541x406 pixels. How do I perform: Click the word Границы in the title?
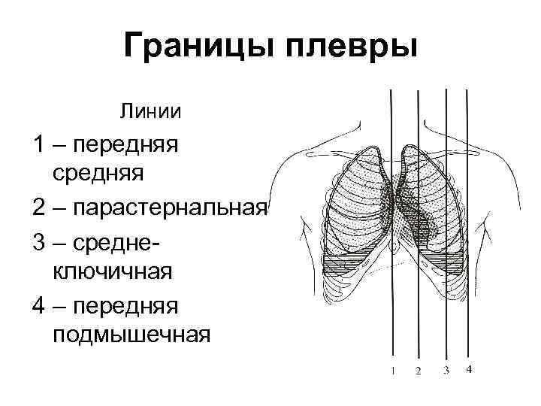coord(196,48)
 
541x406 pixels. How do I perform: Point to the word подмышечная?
coord(131,332)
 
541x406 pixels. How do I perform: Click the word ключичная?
coord(113,271)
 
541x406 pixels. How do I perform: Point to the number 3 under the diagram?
coord(446,370)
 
